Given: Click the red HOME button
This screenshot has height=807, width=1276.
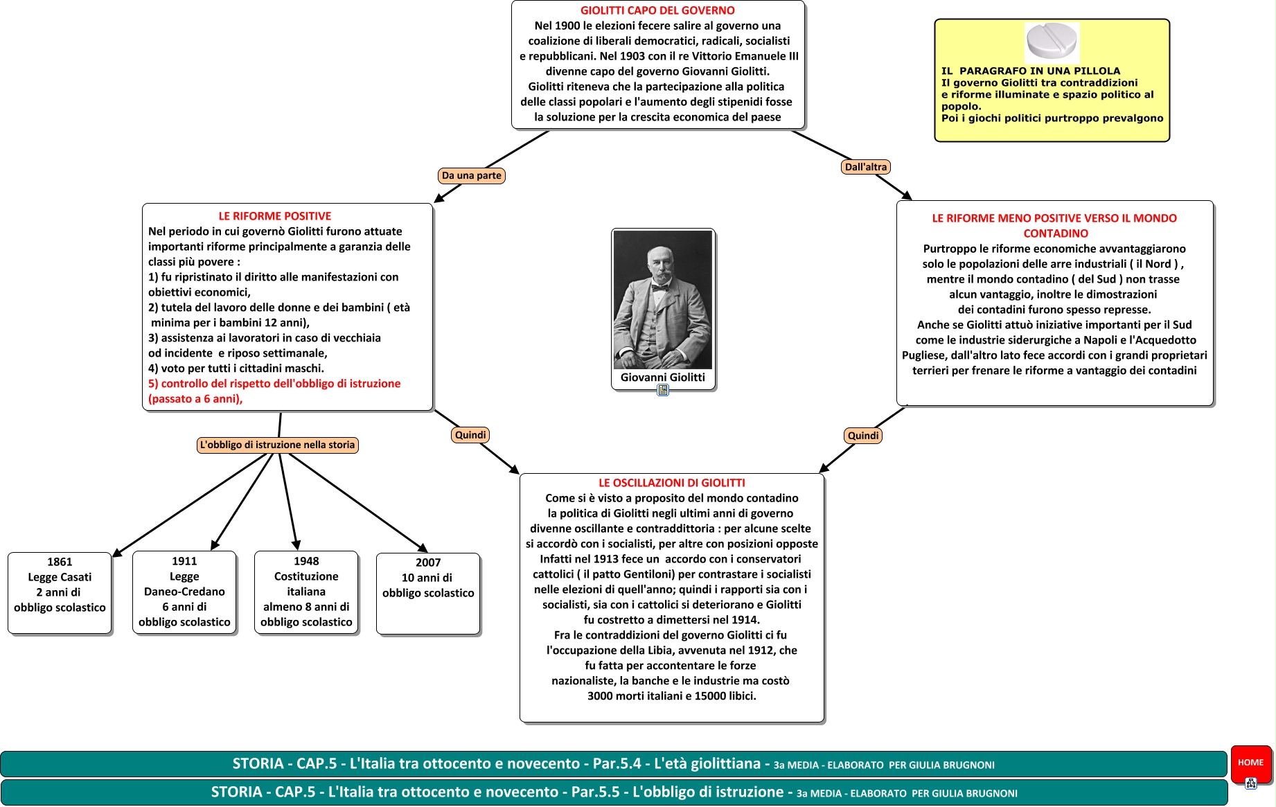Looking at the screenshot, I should coord(1250,763).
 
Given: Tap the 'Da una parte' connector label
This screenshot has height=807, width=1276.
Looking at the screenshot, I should coord(472,175).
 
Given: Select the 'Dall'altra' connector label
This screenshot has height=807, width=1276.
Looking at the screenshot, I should coord(866,167).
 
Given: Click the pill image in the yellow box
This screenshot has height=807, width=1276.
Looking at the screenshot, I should coord(1052,42).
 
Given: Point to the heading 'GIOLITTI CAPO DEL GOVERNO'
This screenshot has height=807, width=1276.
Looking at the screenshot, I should coord(657,10).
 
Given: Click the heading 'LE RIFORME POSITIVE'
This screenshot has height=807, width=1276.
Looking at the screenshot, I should coord(275,216).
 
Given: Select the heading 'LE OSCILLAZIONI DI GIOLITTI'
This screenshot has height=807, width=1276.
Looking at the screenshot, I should coord(672,483).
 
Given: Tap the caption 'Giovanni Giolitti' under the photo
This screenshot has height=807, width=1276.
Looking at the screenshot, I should coord(663,378).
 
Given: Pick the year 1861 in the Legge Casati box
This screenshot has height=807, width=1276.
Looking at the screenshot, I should coord(60,562).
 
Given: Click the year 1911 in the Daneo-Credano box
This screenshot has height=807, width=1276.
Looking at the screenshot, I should coord(184,561).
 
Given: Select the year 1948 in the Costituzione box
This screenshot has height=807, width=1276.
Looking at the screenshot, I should coord(306,561).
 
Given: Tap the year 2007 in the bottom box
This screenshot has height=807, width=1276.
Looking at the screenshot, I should coord(428,562).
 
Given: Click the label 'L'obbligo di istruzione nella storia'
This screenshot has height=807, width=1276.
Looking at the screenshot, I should coord(278,445).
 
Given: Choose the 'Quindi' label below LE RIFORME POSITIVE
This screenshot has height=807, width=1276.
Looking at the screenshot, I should coord(470,435).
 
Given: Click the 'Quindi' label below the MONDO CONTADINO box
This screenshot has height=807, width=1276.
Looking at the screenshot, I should coord(863,436).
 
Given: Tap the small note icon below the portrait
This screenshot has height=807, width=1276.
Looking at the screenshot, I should coord(663,391).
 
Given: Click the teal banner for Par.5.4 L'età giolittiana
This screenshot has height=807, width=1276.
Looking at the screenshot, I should coord(613,764).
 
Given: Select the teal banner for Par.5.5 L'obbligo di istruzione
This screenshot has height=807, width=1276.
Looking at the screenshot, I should coord(613,792).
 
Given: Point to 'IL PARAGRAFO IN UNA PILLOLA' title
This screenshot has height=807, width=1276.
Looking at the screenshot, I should coord(1030,71).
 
